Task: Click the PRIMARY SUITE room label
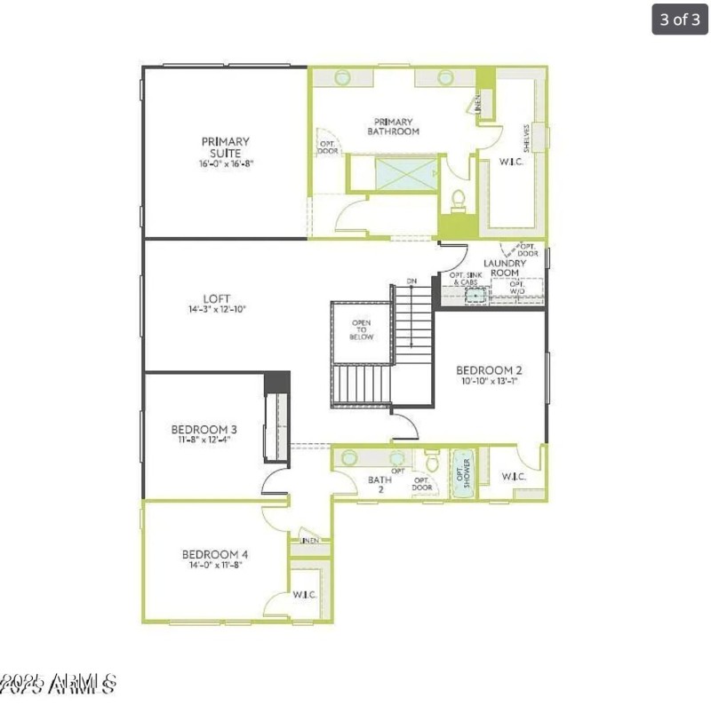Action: coord(225,147)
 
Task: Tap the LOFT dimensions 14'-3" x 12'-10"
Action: coord(216,310)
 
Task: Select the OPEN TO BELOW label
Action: coord(362,330)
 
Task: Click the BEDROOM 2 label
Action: coord(488,369)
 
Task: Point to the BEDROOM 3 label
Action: coord(201,430)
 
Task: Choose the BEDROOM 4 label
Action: coord(215,554)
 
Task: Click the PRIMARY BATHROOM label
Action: coord(393,126)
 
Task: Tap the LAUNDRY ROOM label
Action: coord(504,268)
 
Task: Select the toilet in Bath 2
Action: coord(431,462)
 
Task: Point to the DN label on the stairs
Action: coord(411,281)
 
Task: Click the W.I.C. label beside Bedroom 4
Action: coord(305,594)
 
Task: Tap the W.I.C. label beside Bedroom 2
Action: coord(514,477)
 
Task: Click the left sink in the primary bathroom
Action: coord(342,78)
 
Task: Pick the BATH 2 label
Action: coord(379,484)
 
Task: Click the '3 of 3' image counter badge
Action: coord(680,20)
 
